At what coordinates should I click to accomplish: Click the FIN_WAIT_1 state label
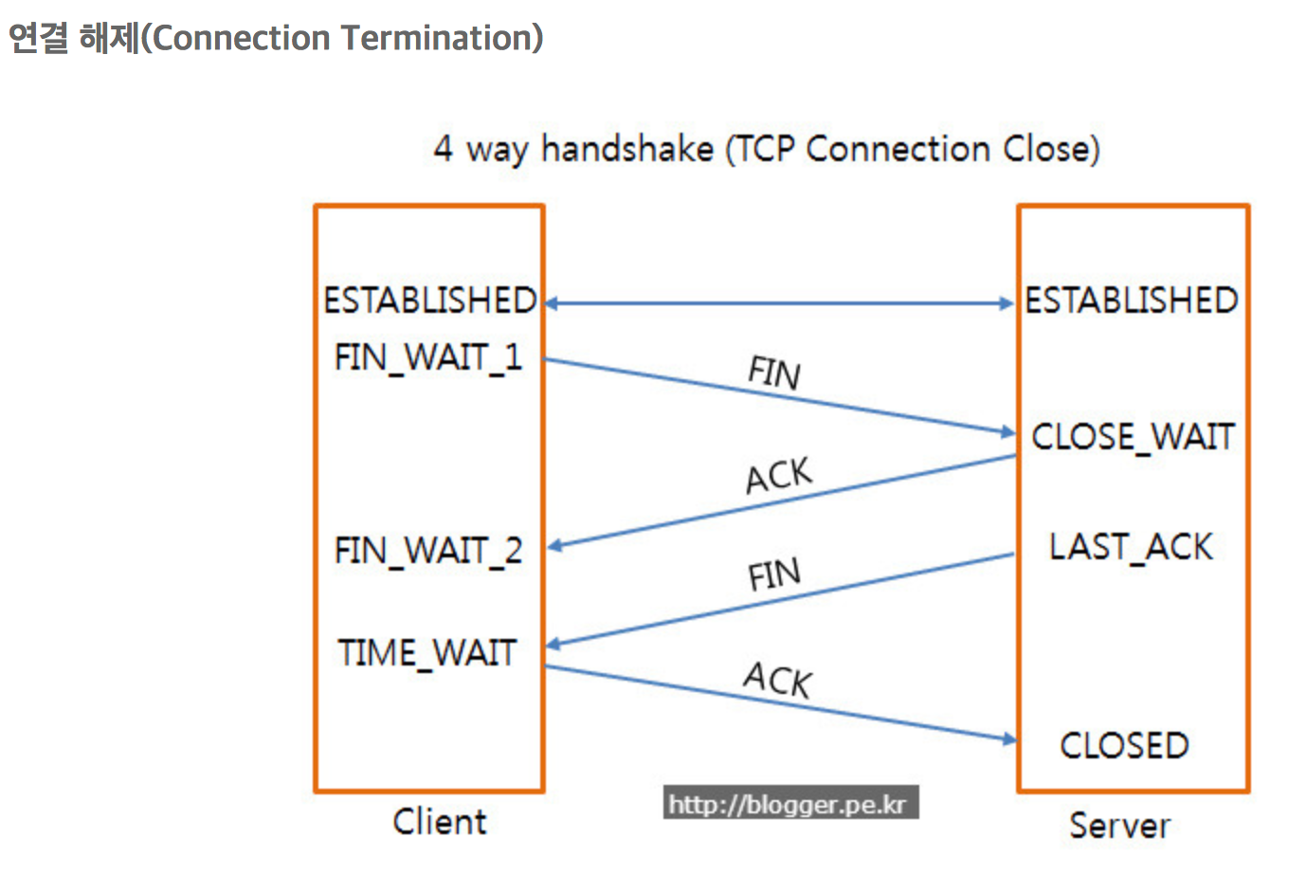428,357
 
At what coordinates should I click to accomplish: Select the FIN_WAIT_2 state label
428,551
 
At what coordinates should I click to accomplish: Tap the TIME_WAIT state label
427,652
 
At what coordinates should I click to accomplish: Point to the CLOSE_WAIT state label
1133,437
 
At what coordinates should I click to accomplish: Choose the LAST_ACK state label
1131,548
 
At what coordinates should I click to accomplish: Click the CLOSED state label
1125,745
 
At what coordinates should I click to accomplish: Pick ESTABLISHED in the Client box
430,300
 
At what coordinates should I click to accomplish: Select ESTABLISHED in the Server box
1132,300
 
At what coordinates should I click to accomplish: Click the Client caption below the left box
440,822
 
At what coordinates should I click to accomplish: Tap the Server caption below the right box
1120,826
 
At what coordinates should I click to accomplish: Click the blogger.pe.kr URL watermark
791,802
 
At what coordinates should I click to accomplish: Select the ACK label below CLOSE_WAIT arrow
779,475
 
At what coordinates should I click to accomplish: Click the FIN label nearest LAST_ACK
775,574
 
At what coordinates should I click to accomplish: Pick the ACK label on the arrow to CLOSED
778,680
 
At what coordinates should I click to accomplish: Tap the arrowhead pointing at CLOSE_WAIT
1008,432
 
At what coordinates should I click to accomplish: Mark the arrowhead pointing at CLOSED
1009,739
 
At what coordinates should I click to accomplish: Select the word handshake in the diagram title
627,148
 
